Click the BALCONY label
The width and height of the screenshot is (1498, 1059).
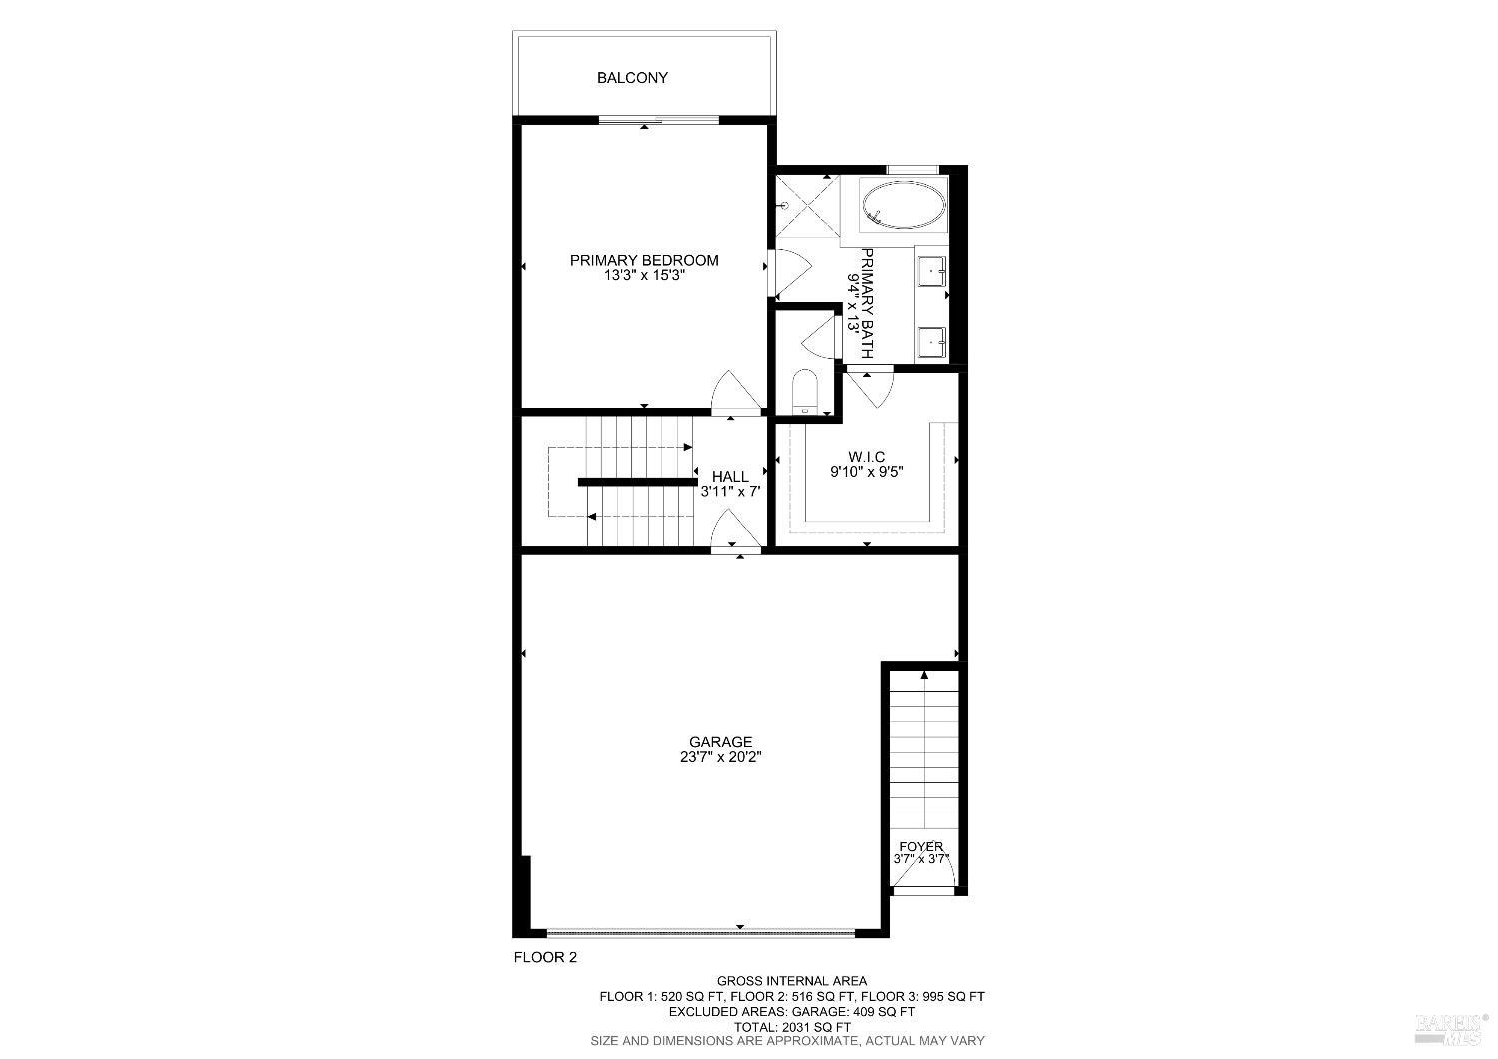(x=632, y=77)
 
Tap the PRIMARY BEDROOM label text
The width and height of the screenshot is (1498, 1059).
(x=644, y=260)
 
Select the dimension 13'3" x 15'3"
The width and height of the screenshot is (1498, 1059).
(x=643, y=276)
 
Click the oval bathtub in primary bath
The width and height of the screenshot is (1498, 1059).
(x=903, y=206)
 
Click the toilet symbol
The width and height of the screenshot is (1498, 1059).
(x=804, y=392)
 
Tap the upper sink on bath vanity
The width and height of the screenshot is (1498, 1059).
(x=933, y=270)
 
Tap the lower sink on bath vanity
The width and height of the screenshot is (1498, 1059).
(x=933, y=343)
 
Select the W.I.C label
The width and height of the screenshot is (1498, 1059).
(x=867, y=457)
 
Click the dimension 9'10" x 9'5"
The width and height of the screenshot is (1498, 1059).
(x=867, y=473)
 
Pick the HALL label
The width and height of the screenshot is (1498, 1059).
(x=730, y=476)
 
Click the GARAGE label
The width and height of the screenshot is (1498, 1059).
(x=720, y=742)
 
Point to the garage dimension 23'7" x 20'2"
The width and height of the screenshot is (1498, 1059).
(x=720, y=757)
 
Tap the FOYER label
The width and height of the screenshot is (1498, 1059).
(x=921, y=846)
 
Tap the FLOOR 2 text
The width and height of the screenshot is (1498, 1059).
(x=545, y=957)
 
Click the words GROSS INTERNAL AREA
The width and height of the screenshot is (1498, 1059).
(x=791, y=981)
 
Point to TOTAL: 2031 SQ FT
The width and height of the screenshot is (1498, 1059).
(x=791, y=1026)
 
